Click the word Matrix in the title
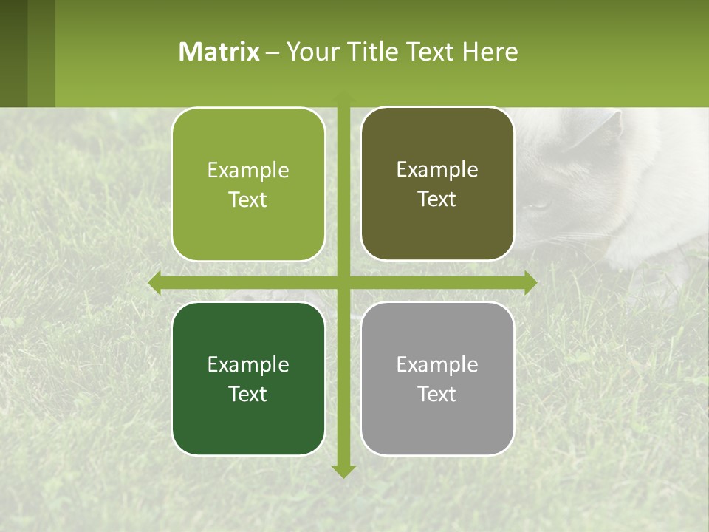pyautogui.click(x=219, y=52)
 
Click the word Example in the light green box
pyautogui.click(x=248, y=171)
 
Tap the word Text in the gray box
pyautogui.click(x=437, y=394)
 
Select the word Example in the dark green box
pyautogui.click(x=248, y=364)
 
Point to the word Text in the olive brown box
pyautogui.click(x=437, y=199)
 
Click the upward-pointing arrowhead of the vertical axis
pyautogui.click(x=343, y=98)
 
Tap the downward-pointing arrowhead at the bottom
pyautogui.click(x=343, y=471)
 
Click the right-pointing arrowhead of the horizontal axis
pyautogui.click(x=530, y=282)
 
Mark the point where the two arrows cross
pyautogui.click(x=343, y=282)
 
